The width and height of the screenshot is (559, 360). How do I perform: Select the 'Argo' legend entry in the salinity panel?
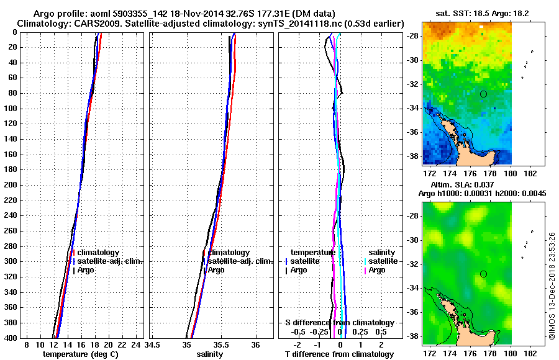coord(216,270)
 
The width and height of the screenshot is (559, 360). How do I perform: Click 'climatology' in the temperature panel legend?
coord(98,253)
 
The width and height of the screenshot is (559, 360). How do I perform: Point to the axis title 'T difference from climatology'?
coord(339,354)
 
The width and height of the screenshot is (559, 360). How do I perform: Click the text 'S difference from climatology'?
coord(339,323)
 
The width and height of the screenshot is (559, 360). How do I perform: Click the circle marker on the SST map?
coord(483,94)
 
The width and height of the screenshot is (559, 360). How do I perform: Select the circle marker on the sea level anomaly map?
coord(483,274)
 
